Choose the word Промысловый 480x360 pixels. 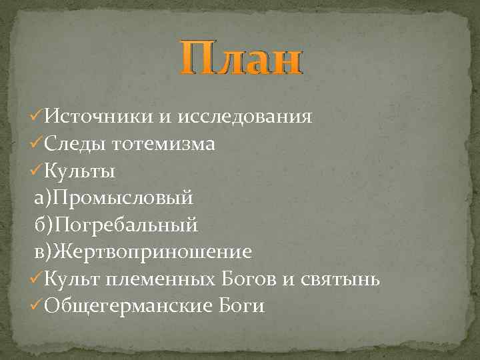point(124,198)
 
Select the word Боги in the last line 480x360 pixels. point(241,306)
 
